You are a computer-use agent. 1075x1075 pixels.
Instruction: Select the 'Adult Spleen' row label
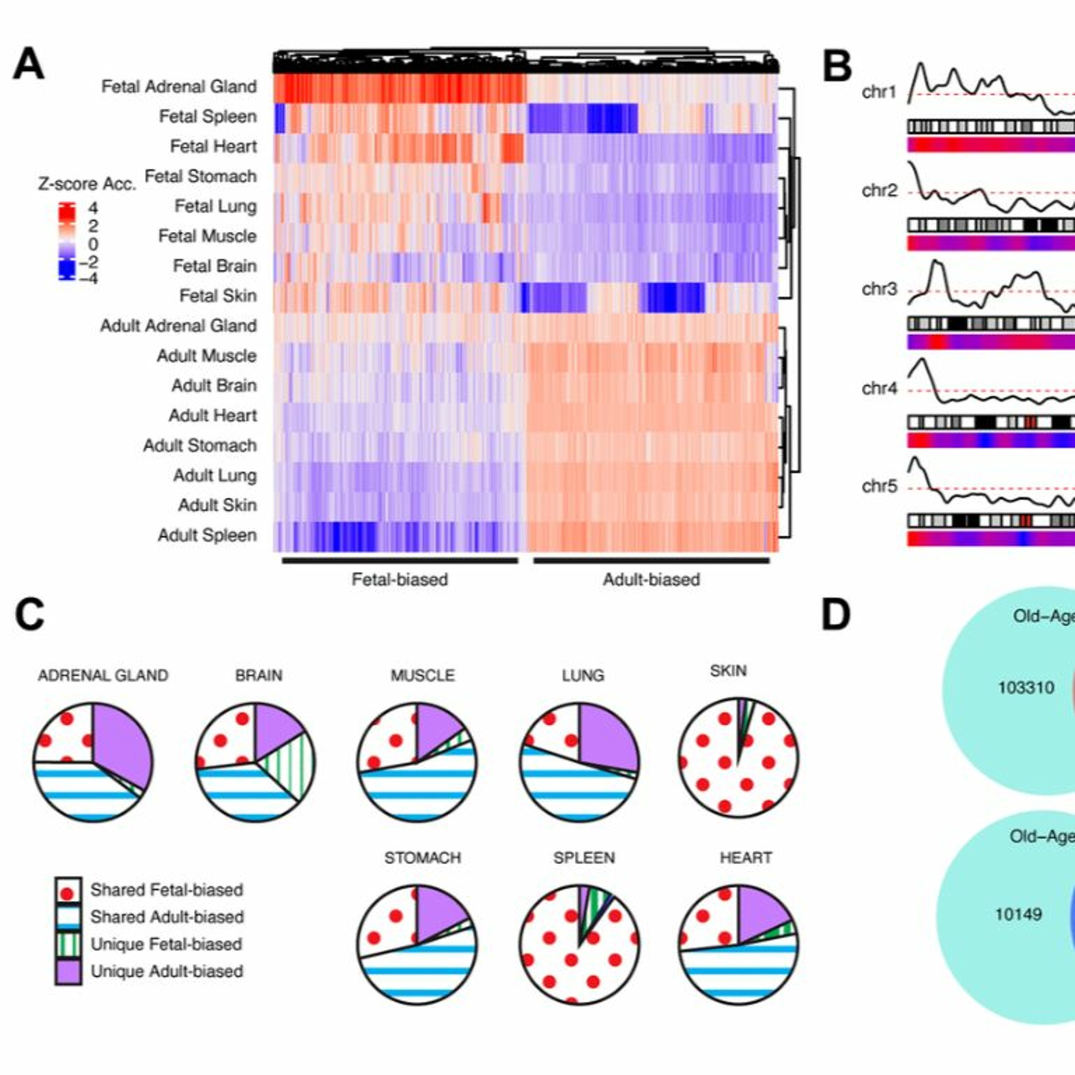point(207,535)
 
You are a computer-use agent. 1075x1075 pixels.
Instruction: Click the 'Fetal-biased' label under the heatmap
point(400,580)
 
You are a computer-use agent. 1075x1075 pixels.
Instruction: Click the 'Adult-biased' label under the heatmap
point(651,580)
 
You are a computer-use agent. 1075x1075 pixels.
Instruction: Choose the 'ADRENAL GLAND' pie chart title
point(103,675)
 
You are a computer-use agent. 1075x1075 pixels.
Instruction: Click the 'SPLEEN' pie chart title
point(584,858)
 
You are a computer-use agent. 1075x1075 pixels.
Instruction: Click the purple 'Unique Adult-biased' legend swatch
point(68,971)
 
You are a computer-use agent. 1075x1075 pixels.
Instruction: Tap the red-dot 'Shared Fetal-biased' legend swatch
point(68,890)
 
